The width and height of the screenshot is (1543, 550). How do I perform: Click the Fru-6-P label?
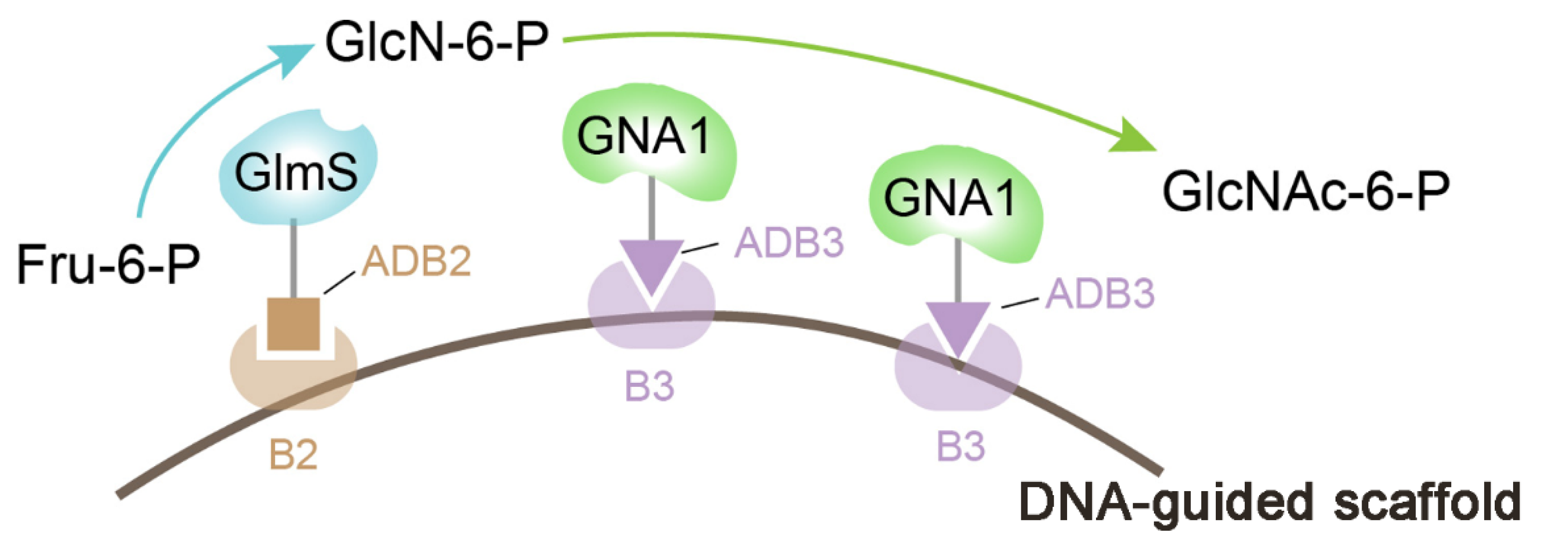(108, 264)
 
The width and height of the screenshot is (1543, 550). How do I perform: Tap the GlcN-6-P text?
(436, 42)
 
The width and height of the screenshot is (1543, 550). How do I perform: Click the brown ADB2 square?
(293, 324)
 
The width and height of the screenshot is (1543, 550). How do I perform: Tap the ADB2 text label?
(417, 261)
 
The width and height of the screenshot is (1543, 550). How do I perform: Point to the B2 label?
(293, 456)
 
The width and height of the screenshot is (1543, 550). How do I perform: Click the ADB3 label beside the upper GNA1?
(790, 242)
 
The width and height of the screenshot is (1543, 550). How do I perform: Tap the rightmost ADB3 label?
(1100, 294)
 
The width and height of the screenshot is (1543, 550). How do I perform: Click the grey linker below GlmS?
(293, 258)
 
